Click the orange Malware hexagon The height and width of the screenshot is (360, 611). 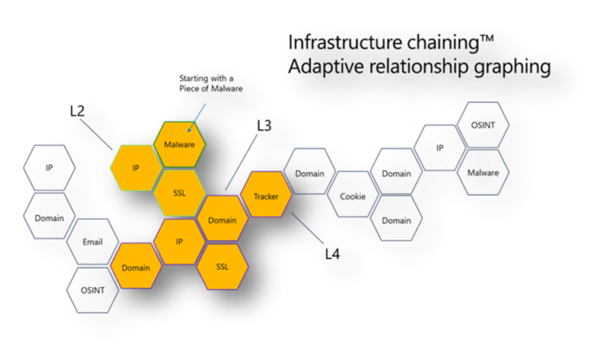point(179,143)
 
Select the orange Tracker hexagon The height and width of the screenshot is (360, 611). point(265,197)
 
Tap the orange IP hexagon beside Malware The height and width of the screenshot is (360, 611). point(136,167)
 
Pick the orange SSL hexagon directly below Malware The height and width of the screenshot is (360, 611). point(179,191)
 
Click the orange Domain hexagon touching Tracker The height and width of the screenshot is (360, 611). point(222,220)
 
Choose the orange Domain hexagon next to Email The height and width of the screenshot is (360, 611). point(135,266)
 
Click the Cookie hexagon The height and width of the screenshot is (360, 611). point(352,197)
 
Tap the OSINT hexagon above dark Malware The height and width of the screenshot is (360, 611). point(482,126)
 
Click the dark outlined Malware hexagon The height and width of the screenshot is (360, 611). point(482,172)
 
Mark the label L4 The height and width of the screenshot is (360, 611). point(332,254)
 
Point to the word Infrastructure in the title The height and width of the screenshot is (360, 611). point(342,41)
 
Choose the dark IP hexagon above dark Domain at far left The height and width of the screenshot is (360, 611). point(49,167)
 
